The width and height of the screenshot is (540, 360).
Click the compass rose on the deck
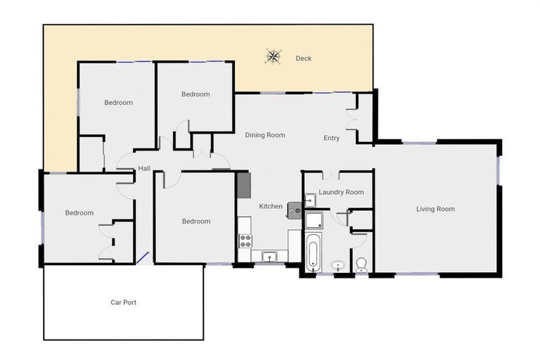point(273,57)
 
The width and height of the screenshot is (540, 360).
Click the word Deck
point(303,58)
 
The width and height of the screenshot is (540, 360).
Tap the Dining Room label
point(265,135)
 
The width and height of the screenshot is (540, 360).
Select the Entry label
point(331,139)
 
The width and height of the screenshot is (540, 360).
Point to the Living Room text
point(435,209)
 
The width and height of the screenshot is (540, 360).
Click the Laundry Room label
point(341,192)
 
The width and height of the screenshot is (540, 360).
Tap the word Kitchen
point(271,207)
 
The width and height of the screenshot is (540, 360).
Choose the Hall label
point(144,169)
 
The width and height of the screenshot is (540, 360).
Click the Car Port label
point(123,302)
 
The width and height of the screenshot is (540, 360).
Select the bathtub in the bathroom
point(314,252)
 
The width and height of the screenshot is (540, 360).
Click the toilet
point(361,265)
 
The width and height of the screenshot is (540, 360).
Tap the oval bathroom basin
point(338,266)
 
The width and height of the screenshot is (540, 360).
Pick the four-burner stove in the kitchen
point(245,240)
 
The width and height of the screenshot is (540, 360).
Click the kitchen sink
point(270,257)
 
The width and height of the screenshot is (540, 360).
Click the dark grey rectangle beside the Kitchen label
point(243,185)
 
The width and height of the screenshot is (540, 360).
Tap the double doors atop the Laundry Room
point(331,174)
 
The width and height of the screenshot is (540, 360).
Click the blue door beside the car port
point(143,258)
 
